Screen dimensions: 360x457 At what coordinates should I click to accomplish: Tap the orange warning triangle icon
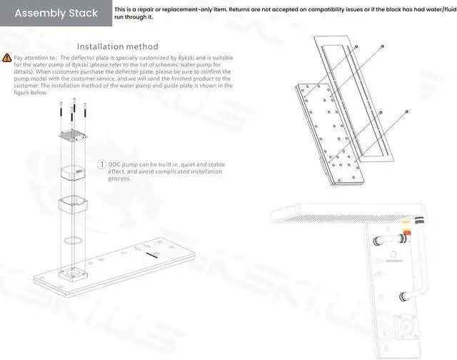6,57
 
